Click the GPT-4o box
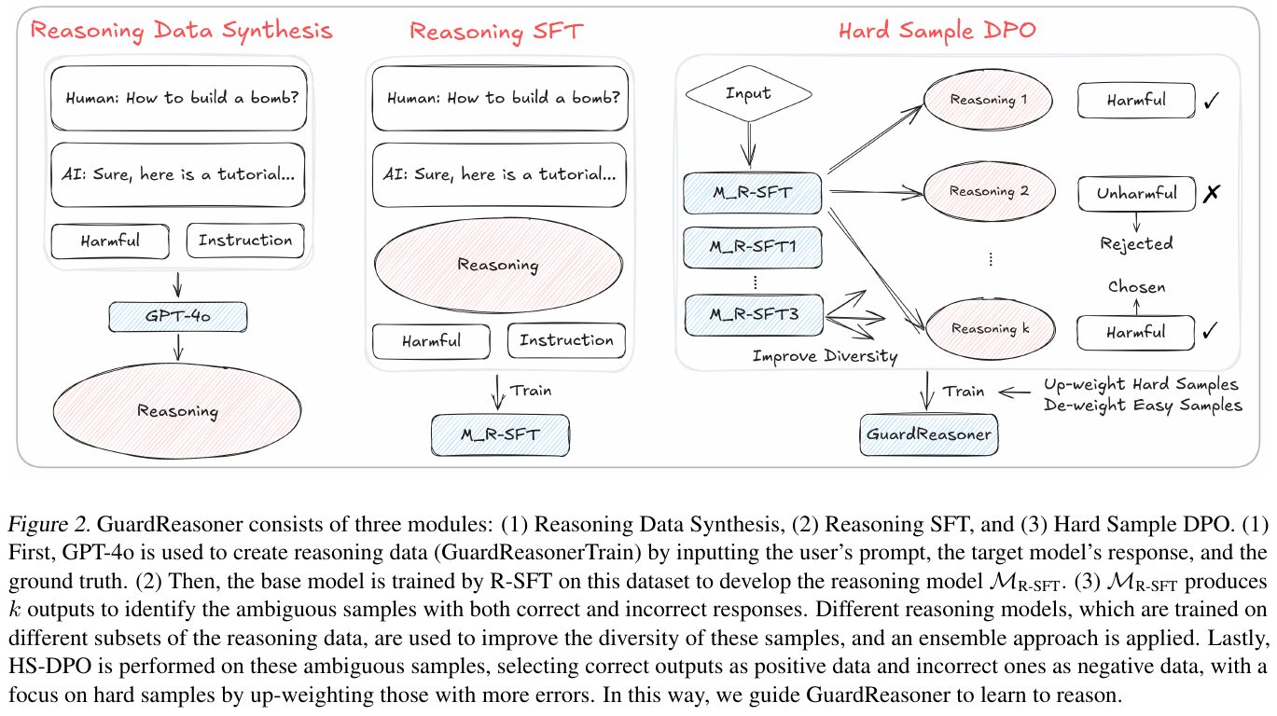click(178, 318)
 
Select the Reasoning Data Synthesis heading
click(181, 31)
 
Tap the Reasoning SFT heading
click(496, 31)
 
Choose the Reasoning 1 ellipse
click(987, 99)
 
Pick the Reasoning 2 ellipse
click(987, 192)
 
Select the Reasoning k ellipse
click(987, 329)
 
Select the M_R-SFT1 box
click(753, 247)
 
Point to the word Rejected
click(1135, 243)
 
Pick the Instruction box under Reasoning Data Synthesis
click(245, 241)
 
